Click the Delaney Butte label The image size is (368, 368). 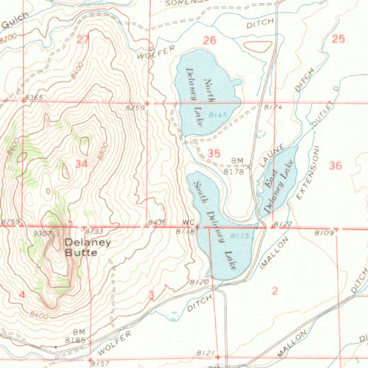point(87,247)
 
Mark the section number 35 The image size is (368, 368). point(214,153)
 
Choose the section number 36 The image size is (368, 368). point(335,166)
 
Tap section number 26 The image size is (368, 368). point(210,41)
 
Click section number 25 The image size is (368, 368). point(339,39)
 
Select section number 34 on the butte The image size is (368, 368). point(82,164)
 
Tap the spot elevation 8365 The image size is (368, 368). point(34,98)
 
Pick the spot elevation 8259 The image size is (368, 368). point(135,107)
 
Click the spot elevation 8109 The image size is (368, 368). point(323,233)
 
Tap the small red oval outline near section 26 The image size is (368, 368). point(258,47)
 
